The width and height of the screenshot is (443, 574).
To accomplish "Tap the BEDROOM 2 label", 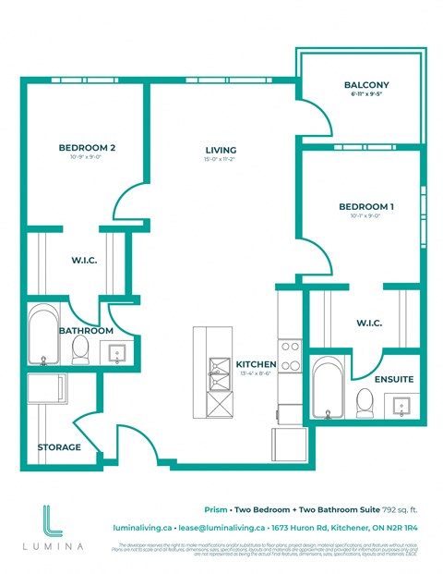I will coord(86,148).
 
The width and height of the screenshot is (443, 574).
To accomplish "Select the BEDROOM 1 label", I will coord(365,206).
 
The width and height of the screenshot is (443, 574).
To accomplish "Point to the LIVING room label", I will coord(221,150).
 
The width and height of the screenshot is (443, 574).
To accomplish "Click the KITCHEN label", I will coord(253,363).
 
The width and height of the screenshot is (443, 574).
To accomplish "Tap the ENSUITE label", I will coord(393,380).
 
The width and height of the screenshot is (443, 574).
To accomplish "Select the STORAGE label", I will coord(59,447).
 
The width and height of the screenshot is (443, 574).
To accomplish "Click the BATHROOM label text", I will coord(86,330).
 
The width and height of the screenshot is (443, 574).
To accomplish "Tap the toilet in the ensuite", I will coord(364,400).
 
